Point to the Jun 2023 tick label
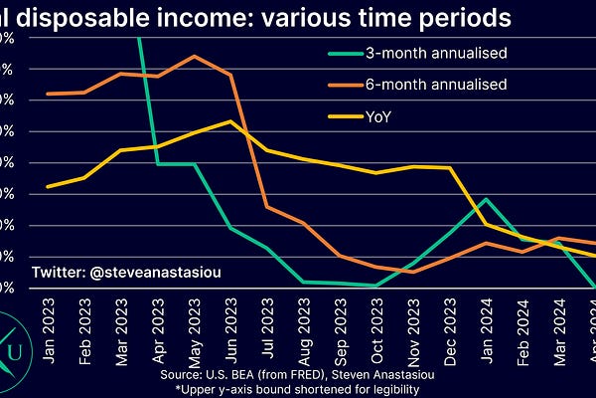tap(230, 317)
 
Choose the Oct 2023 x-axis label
tap(376, 317)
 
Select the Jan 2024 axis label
tap(486, 317)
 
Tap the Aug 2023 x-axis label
tap(303, 317)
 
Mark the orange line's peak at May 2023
tap(194, 57)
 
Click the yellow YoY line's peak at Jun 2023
tap(230, 121)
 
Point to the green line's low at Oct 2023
tap(376, 286)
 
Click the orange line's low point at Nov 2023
tap(413, 272)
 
